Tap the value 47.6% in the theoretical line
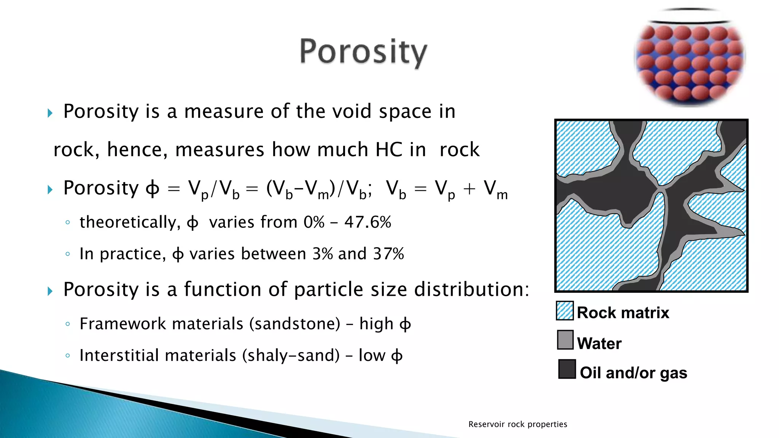[367, 222]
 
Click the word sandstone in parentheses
[295, 324]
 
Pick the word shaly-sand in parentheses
[291, 355]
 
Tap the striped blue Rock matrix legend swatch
[564, 311]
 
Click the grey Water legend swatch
[565, 340]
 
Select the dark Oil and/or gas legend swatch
[567, 369]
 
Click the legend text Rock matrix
[623, 313]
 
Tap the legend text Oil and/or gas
[633, 373]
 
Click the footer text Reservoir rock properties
[517, 424]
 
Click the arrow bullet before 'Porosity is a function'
[50, 291]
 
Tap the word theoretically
[130, 222]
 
